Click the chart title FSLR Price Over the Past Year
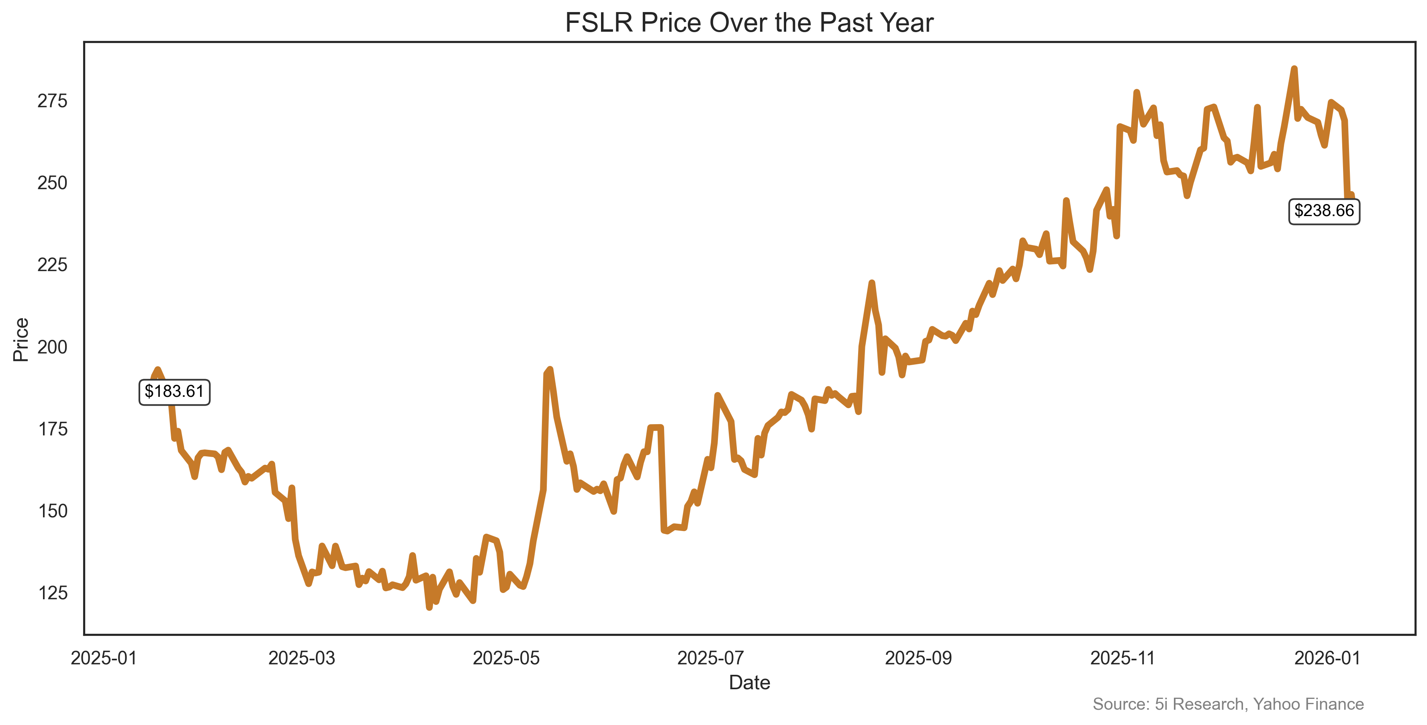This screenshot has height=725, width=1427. point(749,23)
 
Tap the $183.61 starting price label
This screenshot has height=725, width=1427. point(174,392)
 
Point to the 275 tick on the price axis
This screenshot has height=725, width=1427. point(52,101)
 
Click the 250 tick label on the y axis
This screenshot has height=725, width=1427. point(52,183)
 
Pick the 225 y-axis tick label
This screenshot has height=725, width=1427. point(52,265)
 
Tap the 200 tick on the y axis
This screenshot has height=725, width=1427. point(52,347)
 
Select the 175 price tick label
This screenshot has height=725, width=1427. point(52,429)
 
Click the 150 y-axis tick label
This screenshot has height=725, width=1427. point(52,511)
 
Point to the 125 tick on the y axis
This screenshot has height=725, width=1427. point(52,592)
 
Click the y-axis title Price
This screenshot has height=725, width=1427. point(21,339)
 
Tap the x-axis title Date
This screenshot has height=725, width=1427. point(749,682)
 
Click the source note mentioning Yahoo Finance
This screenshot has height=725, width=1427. point(1228,704)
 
